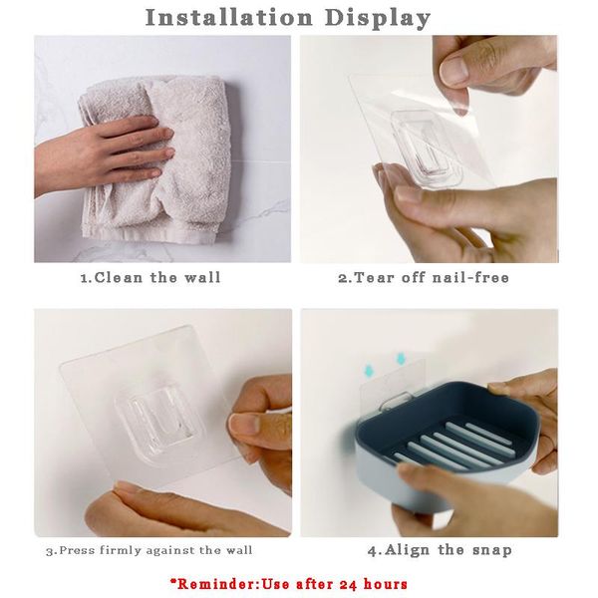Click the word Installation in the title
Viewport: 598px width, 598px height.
point(229,18)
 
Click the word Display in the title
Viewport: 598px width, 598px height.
point(379,19)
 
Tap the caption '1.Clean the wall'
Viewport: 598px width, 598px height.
point(150,277)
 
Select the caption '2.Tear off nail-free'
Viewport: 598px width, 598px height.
point(424,277)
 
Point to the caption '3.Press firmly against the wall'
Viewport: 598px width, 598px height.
point(149,551)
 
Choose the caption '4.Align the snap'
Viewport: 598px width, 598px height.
point(440,550)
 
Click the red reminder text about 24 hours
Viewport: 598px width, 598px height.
point(289,584)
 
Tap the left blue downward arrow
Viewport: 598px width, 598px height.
point(369,370)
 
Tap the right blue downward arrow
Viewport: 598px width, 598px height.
point(401,359)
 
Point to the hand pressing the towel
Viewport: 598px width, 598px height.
point(103,152)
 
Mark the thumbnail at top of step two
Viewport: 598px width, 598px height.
point(454,71)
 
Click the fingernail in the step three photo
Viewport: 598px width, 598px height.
point(244,425)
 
